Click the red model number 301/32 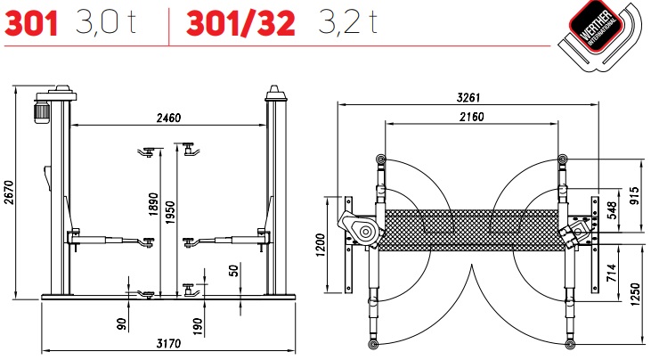click(x=240, y=23)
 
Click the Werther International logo click(x=600, y=35)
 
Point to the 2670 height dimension click(x=9, y=192)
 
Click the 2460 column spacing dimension click(x=168, y=118)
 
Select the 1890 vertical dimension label click(x=153, y=204)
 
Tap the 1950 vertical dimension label click(x=170, y=212)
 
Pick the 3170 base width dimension click(x=168, y=344)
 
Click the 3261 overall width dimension click(x=468, y=98)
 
